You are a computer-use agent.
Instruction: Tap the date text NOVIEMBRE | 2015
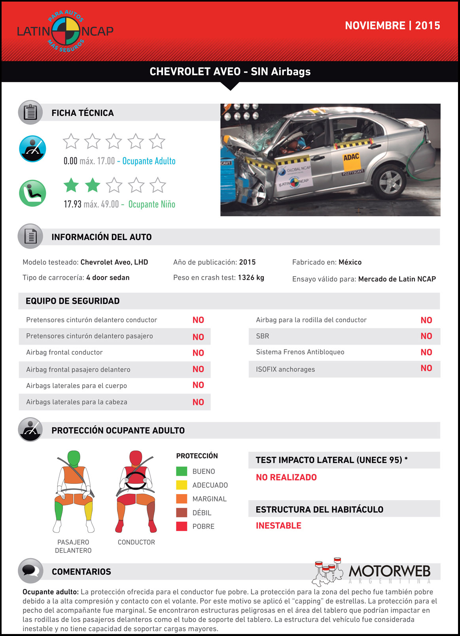(x=392, y=26)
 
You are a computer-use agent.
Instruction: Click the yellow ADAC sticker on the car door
(x=351, y=157)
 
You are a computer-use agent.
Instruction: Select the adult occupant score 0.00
(x=70, y=161)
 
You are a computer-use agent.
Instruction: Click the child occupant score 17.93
(x=72, y=204)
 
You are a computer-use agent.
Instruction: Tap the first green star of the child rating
(x=71, y=185)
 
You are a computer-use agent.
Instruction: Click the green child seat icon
(x=32, y=193)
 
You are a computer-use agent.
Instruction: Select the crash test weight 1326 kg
(x=251, y=277)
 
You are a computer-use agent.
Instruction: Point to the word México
(x=350, y=262)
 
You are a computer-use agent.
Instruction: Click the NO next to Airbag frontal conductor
(x=198, y=353)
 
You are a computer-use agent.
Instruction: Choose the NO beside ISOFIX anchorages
(x=426, y=368)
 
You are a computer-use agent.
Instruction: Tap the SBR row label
(x=262, y=336)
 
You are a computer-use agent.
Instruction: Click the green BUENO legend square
(x=182, y=471)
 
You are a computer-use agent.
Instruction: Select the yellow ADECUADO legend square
(x=182, y=485)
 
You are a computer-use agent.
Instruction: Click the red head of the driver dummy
(x=136, y=458)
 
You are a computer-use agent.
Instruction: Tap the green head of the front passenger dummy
(x=74, y=458)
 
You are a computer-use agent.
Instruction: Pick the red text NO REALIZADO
(x=286, y=477)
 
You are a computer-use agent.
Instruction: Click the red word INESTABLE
(x=278, y=526)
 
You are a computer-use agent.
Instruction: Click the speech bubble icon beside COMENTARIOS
(x=30, y=571)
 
